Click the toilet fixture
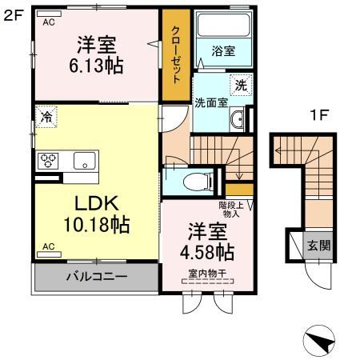tap(198, 182)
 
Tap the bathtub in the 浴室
tap(224, 25)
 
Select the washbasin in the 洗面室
tap(237, 119)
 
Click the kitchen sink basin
tap(84, 161)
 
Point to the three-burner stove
tap(48, 161)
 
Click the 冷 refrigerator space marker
tap(46, 117)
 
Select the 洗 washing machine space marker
tap(241, 85)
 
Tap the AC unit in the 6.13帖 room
tap(49, 14)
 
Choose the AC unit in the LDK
tap(49, 254)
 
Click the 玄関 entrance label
tap(319, 246)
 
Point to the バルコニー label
tap(97, 277)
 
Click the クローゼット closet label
tap(176, 54)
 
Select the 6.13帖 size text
tap(96, 66)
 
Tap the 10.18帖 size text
tap(97, 225)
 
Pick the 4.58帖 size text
tap(207, 252)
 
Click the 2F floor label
tap(12, 16)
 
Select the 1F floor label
tap(319, 115)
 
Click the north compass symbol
tap(319, 342)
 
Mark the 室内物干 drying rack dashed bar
tap(207, 281)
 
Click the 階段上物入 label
tap(231, 210)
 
